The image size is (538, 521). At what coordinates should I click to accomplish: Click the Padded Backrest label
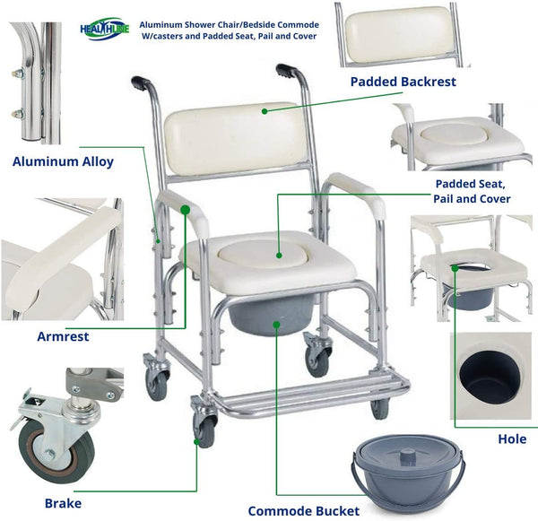coord(403,82)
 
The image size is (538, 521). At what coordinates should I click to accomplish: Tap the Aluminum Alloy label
coord(63,161)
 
